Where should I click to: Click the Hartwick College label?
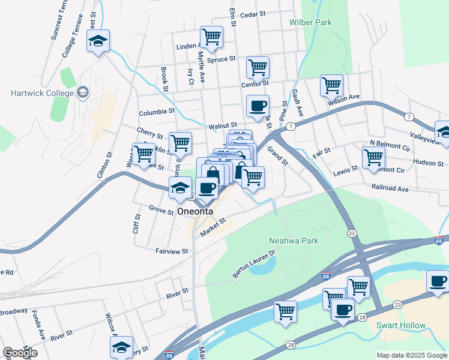click(42, 93)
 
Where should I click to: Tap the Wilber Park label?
click(310, 22)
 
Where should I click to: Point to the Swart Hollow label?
click(400, 326)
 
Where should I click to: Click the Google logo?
click(20, 353)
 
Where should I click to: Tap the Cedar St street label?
click(252, 14)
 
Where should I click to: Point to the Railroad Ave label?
click(390, 188)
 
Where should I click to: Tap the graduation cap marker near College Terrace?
click(98, 41)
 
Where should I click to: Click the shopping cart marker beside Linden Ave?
click(211, 37)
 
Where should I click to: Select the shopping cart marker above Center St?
click(258, 67)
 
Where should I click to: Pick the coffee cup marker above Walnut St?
click(258, 106)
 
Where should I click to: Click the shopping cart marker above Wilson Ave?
click(331, 85)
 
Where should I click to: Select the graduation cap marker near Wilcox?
click(121, 347)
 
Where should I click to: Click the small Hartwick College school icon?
click(83, 92)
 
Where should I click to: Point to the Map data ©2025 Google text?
click(411, 355)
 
